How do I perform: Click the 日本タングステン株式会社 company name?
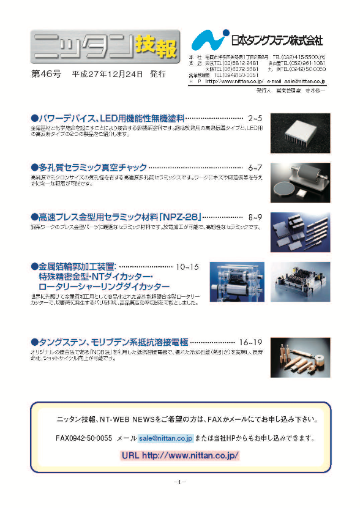[277, 41]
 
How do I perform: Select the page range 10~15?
[187, 267]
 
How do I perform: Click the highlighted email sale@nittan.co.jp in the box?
[165, 438]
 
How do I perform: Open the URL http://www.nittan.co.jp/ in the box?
[180, 455]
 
